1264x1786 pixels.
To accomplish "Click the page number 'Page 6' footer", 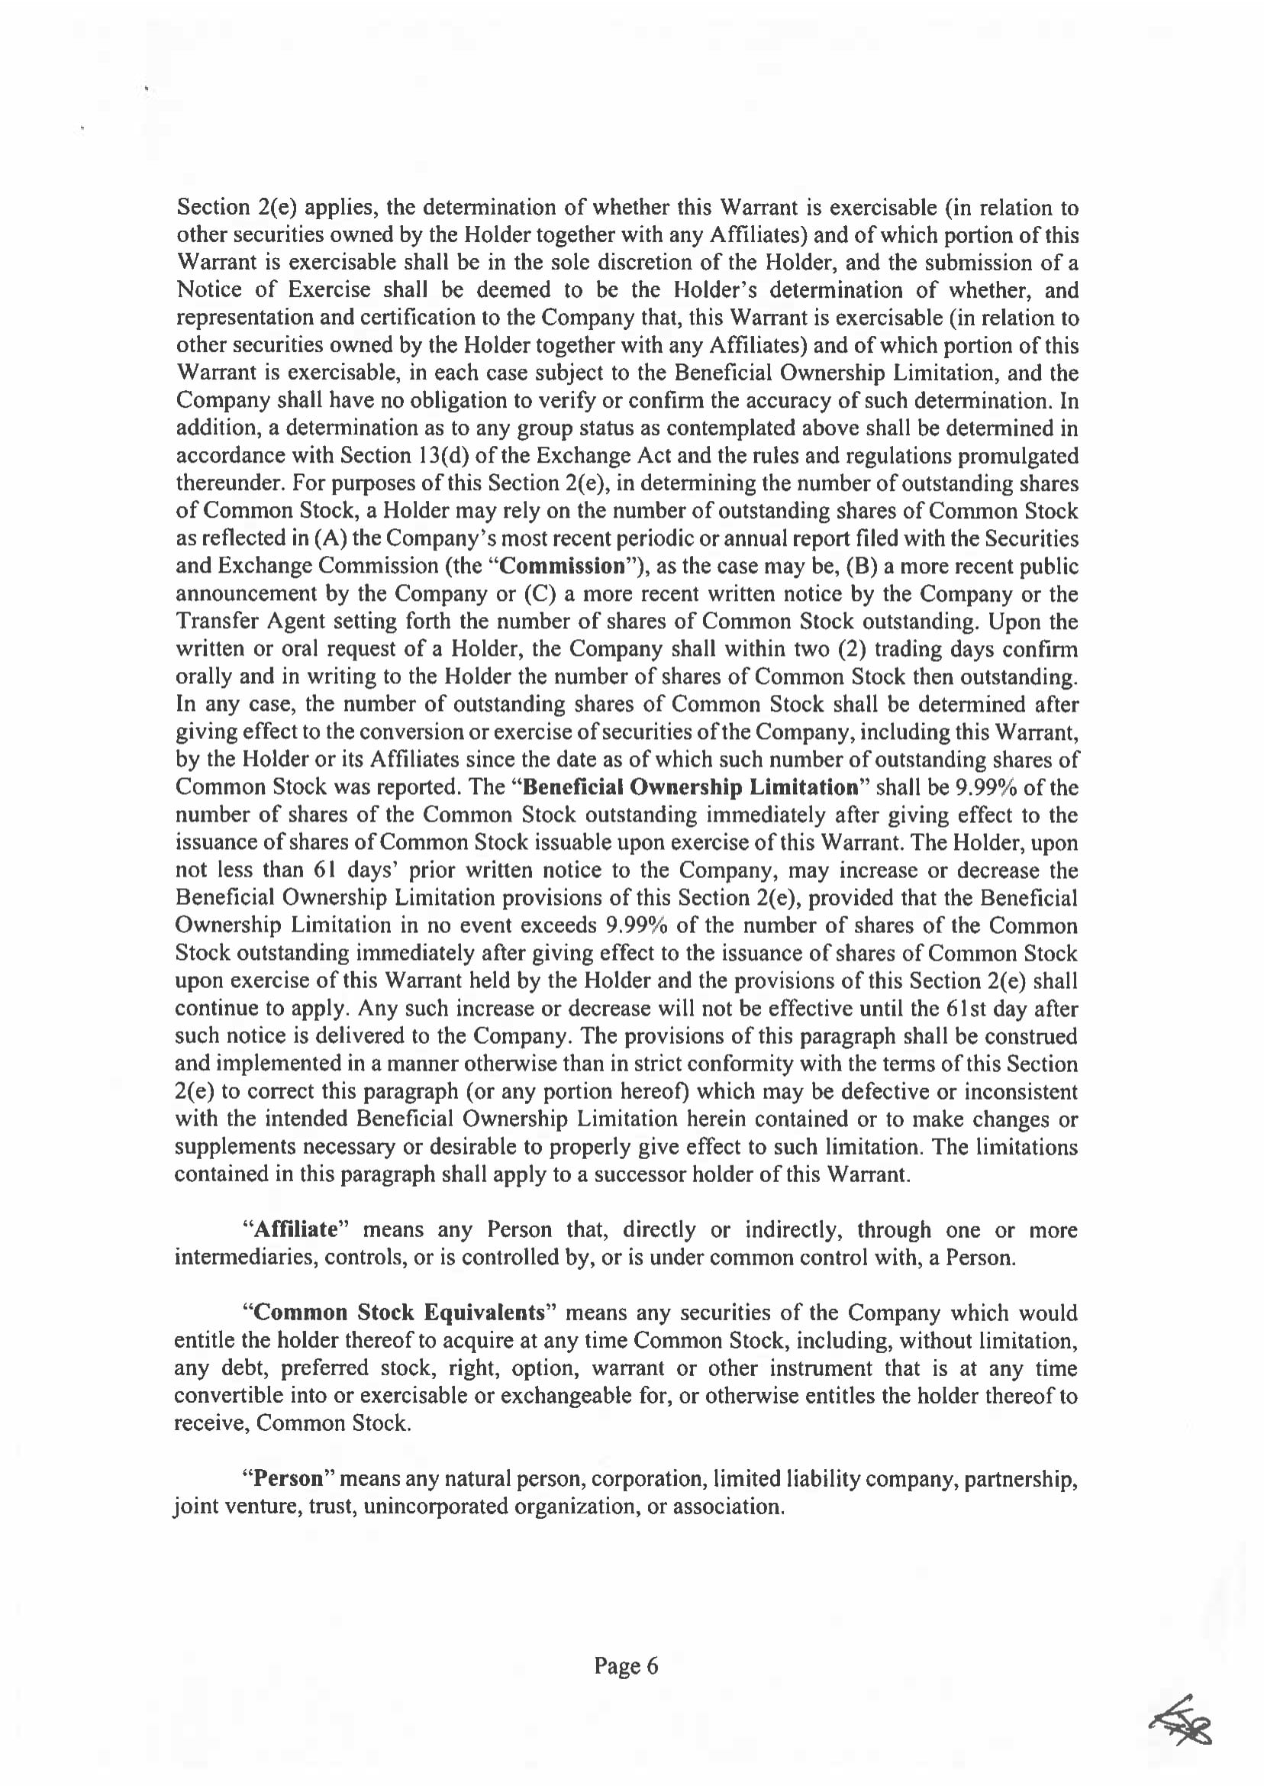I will point(626,1666).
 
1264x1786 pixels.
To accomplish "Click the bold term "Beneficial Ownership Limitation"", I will point(690,787).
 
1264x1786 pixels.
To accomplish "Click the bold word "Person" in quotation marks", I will point(288,1478).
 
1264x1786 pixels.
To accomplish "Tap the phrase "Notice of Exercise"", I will point(274,290).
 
